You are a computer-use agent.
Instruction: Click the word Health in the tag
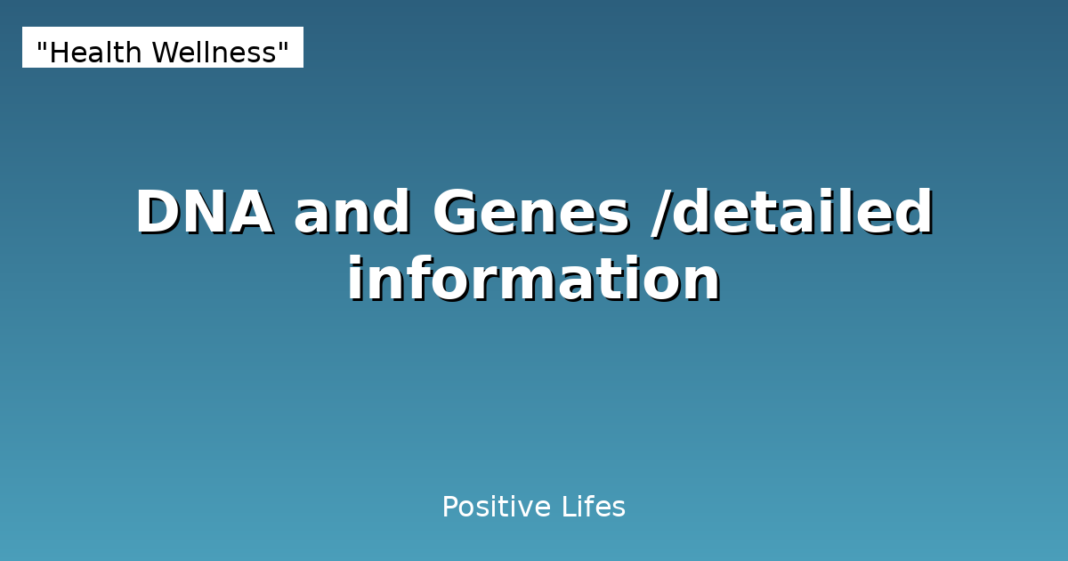[x=95, y=53]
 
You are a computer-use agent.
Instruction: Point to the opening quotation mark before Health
[x=42, y=46]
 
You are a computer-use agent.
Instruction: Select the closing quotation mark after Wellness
[x=285, y=46]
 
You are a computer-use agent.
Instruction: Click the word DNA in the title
[x=204, y=214]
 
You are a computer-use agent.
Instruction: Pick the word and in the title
[x=352, y=214]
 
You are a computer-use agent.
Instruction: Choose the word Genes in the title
[x=531, y=214]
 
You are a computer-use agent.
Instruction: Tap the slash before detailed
[x=659, y=214]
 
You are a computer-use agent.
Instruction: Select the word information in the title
[x=534, y=280]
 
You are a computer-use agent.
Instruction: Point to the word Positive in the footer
[x=496, y=508]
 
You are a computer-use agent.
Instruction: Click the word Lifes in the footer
[x=594, y=508]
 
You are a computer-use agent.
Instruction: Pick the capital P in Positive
[x=449, y=508]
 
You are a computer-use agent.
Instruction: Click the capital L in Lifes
[x=567, y=508]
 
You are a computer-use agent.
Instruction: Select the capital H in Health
[x=58, y=53]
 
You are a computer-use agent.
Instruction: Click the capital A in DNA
[x=250, y=214]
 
